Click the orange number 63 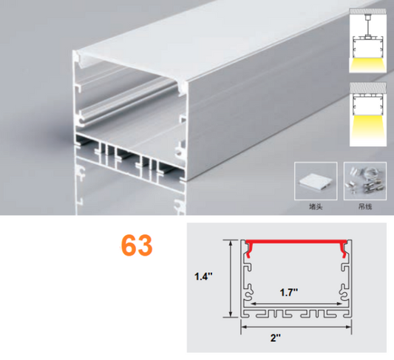(x=137, y=245)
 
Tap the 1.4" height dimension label (x=203, y=276)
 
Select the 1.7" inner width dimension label (x=289, y=293)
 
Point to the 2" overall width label (x=276, y=338)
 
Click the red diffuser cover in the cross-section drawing (x=297, y=242)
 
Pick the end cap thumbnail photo (x=316, y=181)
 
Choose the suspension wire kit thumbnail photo (x=365, y=181)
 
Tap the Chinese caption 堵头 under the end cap (x=316, y=207)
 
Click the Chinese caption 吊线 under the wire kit (x=365, y=207)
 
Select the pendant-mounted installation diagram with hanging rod (x=367, y=41)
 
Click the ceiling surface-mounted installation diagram (x=368, y=115)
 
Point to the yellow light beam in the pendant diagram (x=367, y=64)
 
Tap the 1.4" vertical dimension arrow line (x=231, y=279)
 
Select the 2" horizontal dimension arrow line (x=296, y=327)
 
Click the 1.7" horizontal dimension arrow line (x=297, y=304)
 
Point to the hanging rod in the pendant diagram (x=367, y=26)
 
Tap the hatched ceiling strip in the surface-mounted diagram (x=368, y=88)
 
